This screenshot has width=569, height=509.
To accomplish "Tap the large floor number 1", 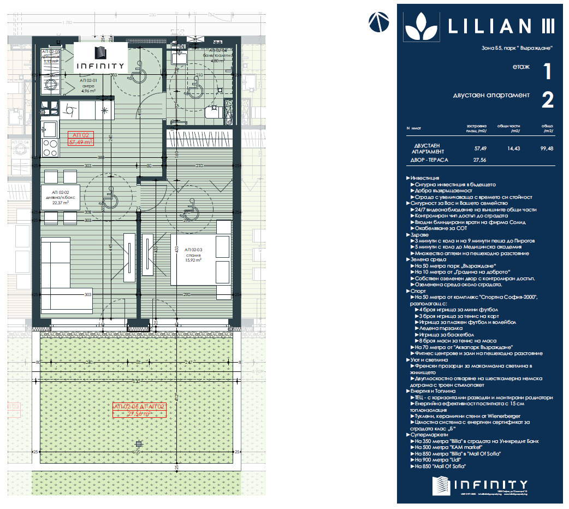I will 547,72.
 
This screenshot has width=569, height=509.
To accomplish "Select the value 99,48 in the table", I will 546,147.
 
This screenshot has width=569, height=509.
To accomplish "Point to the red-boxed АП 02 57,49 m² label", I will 80,138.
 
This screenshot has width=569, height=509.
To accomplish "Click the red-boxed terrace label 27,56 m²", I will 139,410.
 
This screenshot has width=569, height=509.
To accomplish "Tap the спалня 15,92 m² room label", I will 193,257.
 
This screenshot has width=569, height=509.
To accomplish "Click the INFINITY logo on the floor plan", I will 100,58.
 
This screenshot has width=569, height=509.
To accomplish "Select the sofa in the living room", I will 56,268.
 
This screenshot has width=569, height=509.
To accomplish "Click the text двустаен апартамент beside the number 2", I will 491,96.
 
